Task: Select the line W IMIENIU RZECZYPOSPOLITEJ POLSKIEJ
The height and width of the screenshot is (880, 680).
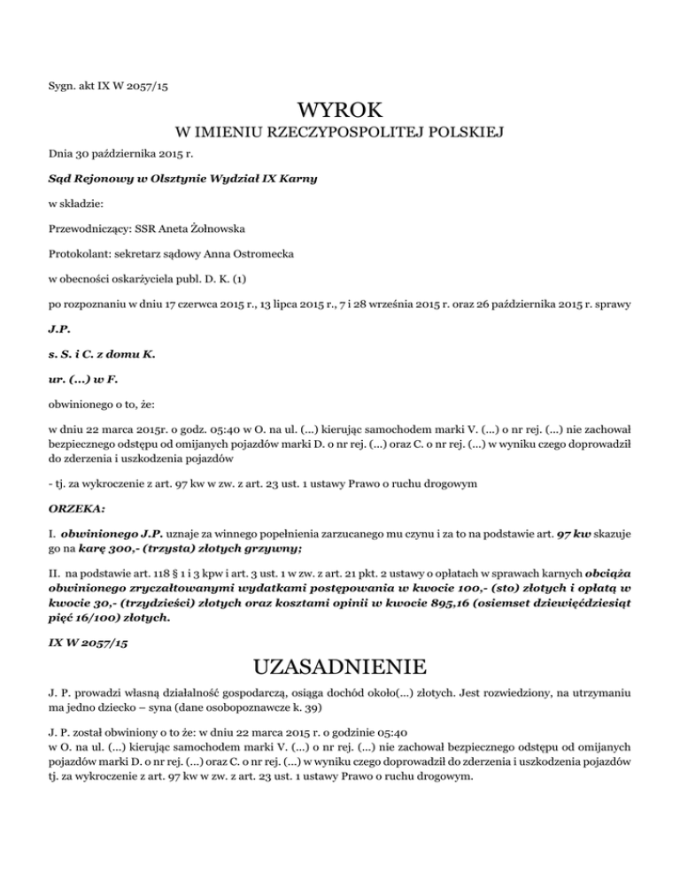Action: (340, 135)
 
